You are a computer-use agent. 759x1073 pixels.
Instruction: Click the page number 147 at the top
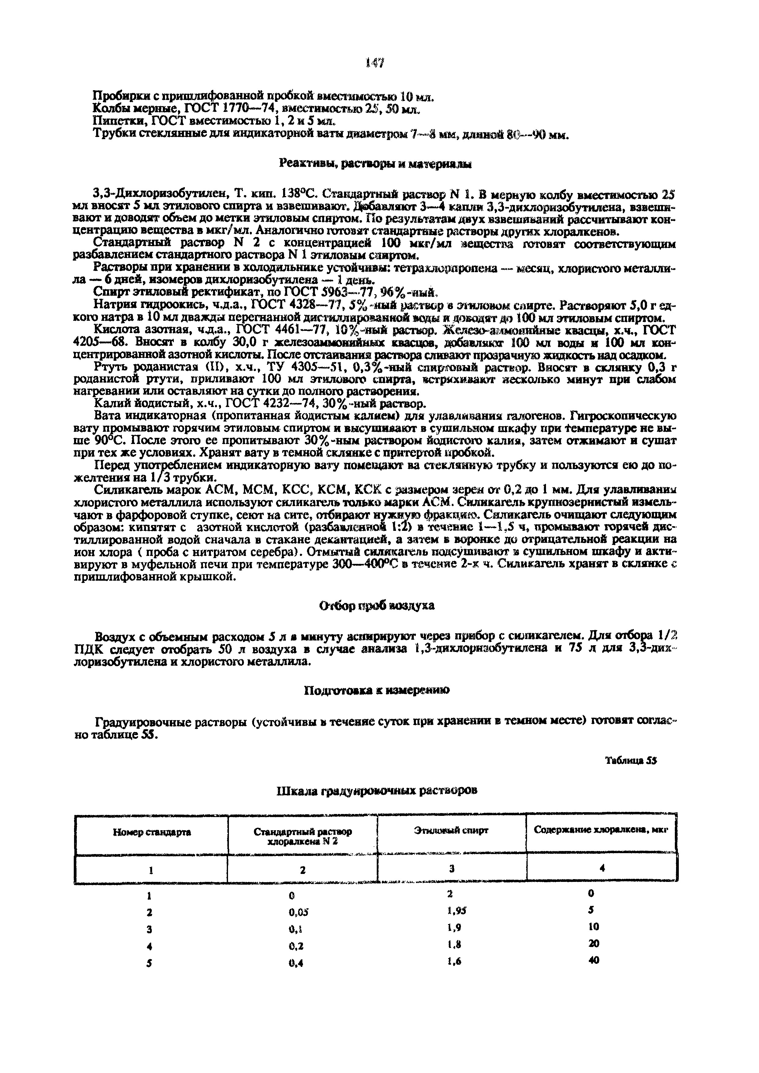[x=375, y=62]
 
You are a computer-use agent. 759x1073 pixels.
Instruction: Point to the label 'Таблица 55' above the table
[x=631, y=760]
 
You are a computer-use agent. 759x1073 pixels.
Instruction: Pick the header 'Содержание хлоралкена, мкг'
[x=601, y=831]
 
